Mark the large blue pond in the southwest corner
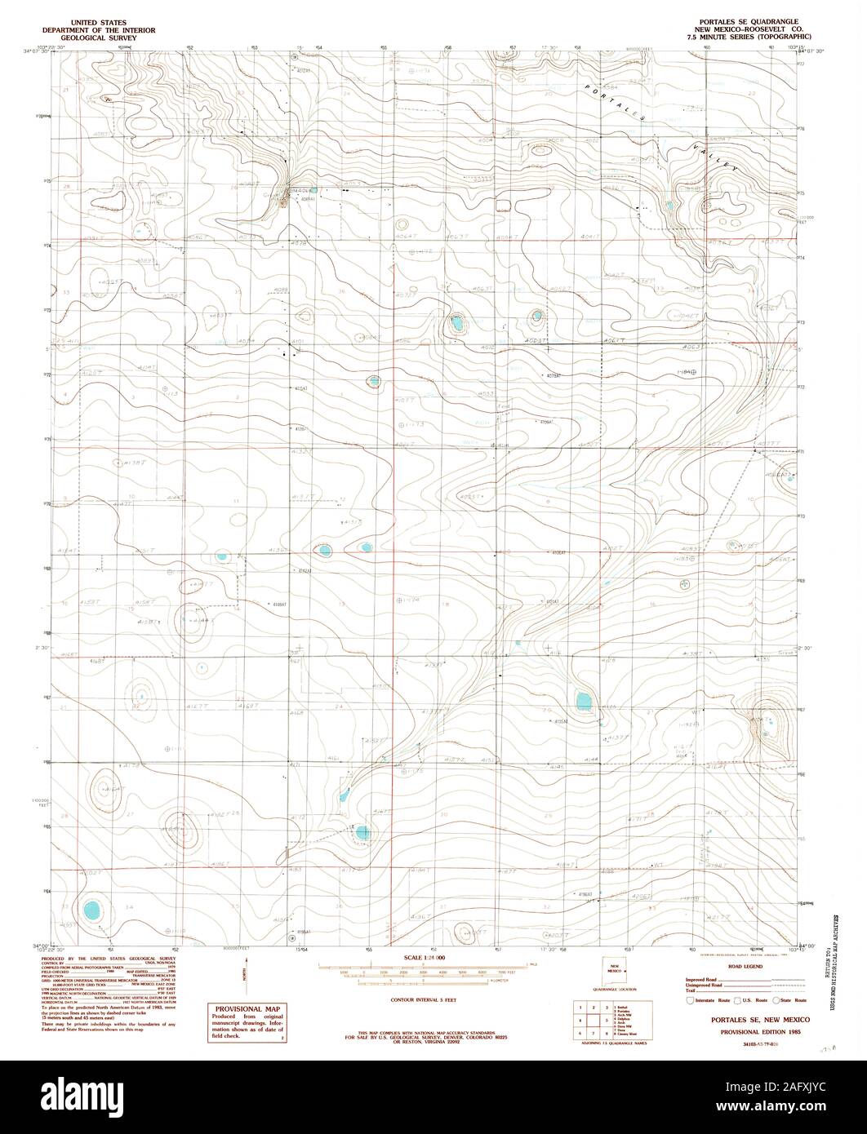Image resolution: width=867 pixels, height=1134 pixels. (x=92, y=909)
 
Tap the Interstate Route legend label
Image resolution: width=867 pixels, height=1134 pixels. (x=713, y=1000)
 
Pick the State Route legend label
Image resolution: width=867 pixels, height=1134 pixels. (x=794, y=1000)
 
